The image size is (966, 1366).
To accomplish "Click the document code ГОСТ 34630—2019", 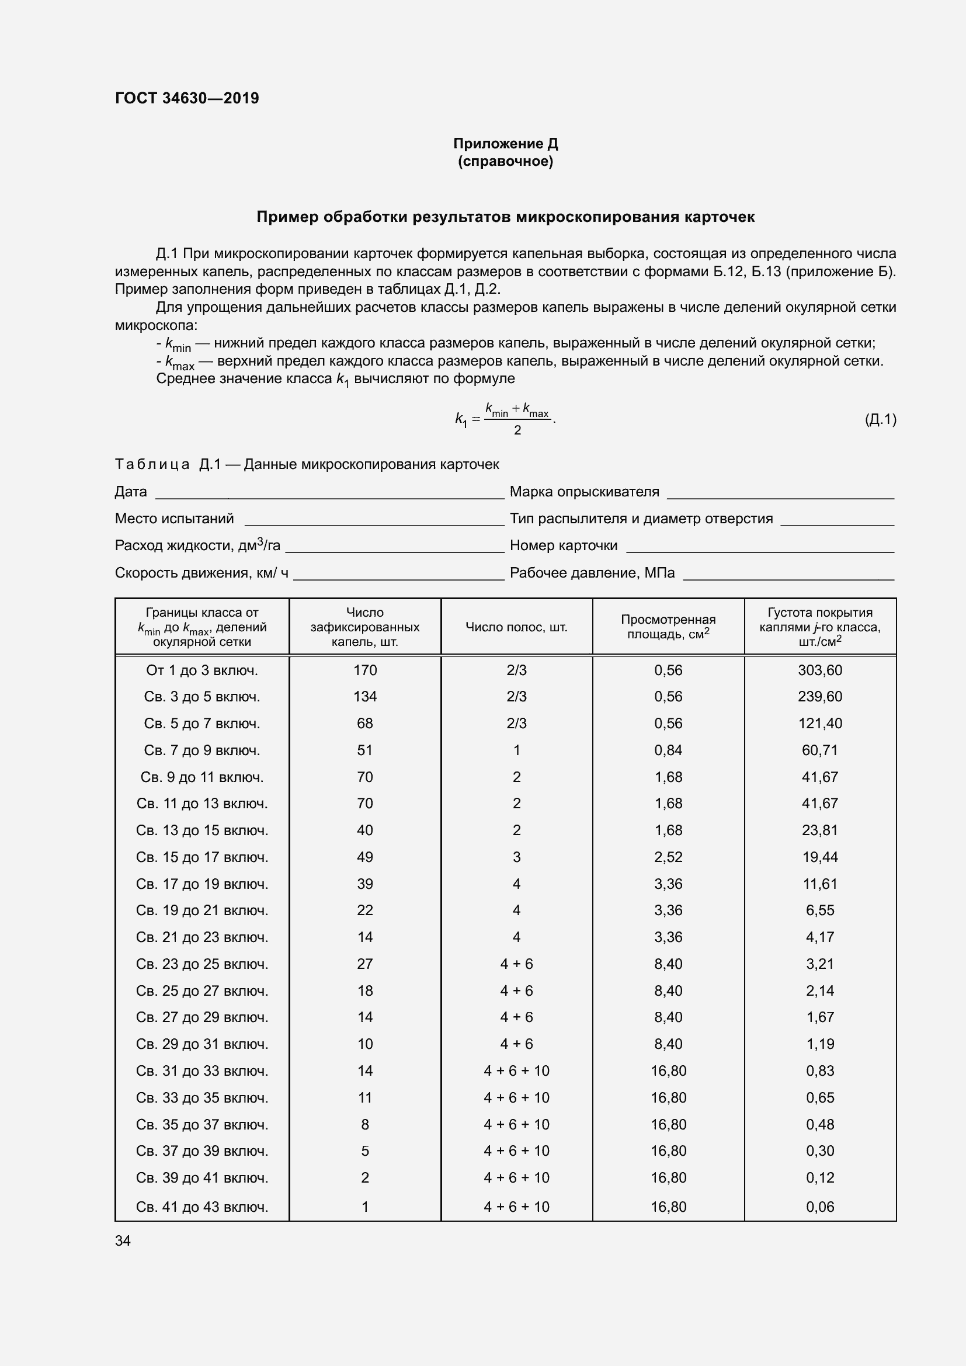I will (187, 98).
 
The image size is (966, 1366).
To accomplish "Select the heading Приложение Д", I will (505, 144).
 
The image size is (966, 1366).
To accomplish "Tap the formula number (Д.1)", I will (880, 419).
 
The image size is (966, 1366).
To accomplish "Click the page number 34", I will (123, 1240).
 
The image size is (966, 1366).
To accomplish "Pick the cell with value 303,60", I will (819, 670).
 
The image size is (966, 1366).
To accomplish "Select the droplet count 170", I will (364, 670).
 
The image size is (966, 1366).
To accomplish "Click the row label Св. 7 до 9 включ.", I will (201, 750).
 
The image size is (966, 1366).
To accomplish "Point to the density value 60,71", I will (819, 750).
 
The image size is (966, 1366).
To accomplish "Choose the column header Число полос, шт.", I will (516, 627).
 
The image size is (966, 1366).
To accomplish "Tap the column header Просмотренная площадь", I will (668, 627).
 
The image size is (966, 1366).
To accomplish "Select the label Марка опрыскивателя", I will (584, 491).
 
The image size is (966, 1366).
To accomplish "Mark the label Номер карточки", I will (563, 545).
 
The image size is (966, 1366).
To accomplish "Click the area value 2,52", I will (668, 857).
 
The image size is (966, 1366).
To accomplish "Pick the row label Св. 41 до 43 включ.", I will (201, 1207).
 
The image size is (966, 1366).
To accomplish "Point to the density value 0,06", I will (819, 1207).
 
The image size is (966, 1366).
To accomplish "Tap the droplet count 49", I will (364, 857).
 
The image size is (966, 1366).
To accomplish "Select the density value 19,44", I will (819, 857).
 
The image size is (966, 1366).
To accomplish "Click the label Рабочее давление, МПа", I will (592, 573).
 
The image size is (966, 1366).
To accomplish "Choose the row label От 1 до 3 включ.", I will (201, 670).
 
